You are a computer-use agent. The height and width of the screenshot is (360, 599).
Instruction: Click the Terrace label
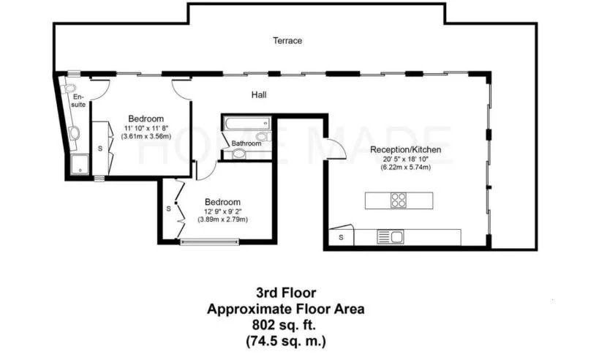(287, 40)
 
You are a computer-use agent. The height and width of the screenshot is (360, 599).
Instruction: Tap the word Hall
(259, 95)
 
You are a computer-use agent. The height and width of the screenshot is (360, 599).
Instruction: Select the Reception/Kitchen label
(406, 150)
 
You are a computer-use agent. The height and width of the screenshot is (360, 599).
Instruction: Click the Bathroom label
(246, 143)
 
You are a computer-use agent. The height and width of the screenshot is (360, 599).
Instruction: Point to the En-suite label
(78, 100)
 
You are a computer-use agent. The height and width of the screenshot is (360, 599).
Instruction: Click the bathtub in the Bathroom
(247, 124)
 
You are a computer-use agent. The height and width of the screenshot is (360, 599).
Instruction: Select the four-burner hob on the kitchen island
(399, 200)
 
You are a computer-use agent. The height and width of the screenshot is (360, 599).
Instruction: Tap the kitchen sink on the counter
(391, 237)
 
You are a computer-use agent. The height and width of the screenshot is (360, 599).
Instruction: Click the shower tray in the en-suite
(80, 165)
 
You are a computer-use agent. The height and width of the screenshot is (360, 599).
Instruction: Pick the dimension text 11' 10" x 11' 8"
(146, 128)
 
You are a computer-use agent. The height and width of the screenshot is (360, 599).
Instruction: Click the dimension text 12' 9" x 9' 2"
(223, 211)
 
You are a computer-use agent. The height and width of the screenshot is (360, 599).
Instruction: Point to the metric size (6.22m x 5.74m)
(406, 168)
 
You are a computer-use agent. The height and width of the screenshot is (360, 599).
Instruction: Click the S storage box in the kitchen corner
(341, 237)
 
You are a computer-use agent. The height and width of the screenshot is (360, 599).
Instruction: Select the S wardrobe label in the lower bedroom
(168, 209)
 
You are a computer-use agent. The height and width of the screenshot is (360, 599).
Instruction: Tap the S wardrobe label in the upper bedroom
(100, 149)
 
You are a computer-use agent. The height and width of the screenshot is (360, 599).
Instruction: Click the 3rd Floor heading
(286, 293)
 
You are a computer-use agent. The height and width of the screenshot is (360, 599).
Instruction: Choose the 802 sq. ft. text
(285, 325)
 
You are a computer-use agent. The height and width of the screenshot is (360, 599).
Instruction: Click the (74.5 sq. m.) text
(286, 340)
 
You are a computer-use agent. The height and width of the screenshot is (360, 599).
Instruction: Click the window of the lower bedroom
(209, 241)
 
